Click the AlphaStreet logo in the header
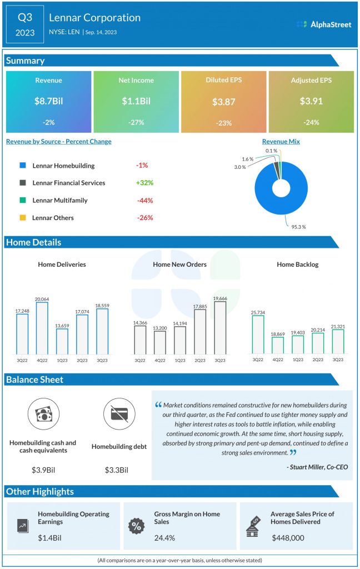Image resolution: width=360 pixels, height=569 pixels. (324, 24)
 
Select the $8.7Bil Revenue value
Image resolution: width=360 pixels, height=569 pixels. (48, 102)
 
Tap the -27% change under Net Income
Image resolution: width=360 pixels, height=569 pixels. (136, 123)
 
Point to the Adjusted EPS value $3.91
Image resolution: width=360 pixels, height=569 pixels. (311, 102)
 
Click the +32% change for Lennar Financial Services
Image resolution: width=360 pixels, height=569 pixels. (144, 183)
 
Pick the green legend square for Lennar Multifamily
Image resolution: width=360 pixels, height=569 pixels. (22, 200)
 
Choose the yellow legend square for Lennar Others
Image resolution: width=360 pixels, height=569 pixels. (22, 218)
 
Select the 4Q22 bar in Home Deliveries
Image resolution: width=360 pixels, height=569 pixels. (42, 328)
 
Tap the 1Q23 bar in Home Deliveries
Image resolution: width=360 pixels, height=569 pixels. (62, 341)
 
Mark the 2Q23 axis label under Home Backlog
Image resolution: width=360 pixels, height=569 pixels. (317, 360)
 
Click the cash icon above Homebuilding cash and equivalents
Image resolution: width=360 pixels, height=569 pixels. (43, 415)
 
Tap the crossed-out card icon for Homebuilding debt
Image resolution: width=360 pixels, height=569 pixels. (118, 415)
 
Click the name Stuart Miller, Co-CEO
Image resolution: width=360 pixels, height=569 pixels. (318, 467)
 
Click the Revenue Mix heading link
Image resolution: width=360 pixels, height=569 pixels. (281, 142)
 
